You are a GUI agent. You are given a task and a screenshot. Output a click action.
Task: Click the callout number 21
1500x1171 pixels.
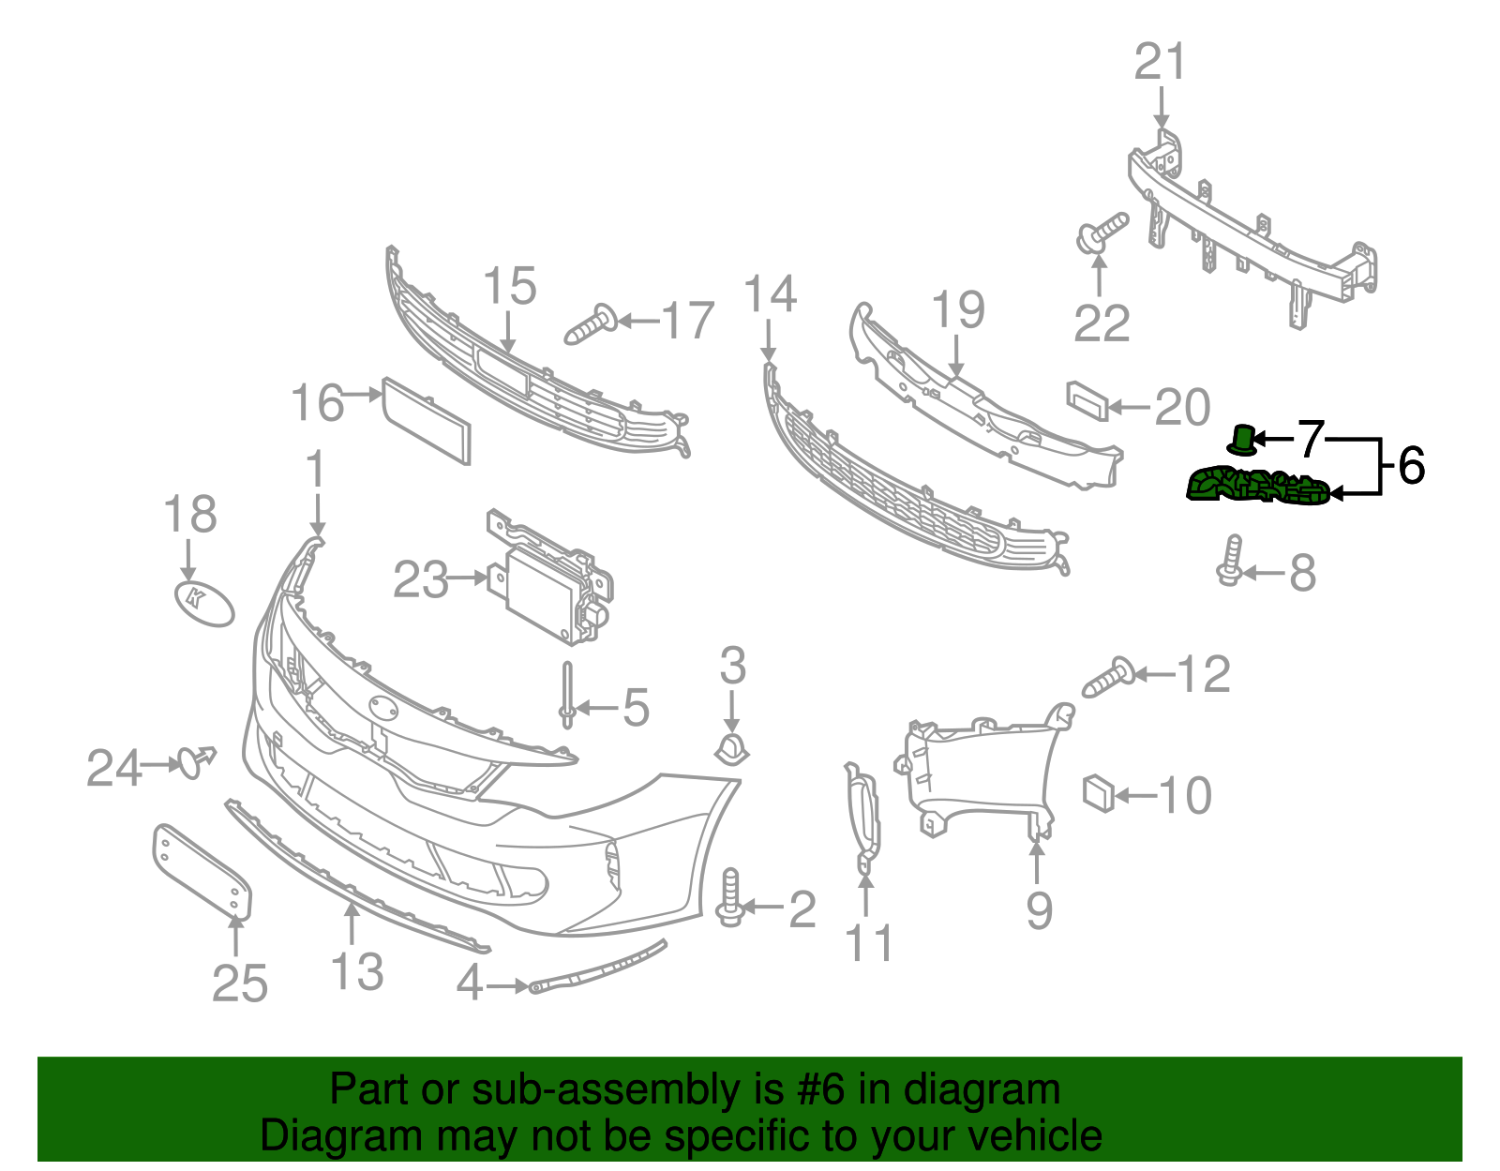tap(1161, 63)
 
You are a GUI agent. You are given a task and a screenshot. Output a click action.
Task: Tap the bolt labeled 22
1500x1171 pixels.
tap(1101, 232)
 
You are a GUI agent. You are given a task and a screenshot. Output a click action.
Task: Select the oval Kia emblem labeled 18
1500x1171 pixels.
tap(203, 602)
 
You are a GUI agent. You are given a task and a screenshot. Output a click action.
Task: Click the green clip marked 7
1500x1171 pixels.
tap(1242, 440)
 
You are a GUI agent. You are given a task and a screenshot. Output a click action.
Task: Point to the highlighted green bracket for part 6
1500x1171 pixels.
tap(1257, 488)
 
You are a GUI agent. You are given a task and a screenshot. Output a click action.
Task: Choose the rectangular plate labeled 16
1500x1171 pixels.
tap(427, 420)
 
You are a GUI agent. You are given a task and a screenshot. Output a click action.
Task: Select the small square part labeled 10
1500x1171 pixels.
tap(1097, 793)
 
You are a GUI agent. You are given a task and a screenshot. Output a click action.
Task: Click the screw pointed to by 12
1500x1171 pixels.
tap(1108, 677)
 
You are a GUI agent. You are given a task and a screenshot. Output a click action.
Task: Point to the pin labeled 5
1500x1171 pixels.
tap(567, 694)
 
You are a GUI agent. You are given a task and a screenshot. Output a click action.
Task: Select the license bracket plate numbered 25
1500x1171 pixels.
tap(202, 870)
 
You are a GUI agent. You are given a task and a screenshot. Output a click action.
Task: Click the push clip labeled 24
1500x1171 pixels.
tap(195, 761)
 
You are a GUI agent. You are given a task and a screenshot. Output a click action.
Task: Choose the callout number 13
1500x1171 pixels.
tap(356, 972)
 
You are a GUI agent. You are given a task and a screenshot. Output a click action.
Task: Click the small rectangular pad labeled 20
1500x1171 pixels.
tap(1087, 400)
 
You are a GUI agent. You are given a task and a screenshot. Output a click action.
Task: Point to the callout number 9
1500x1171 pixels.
tap(1039, 910)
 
